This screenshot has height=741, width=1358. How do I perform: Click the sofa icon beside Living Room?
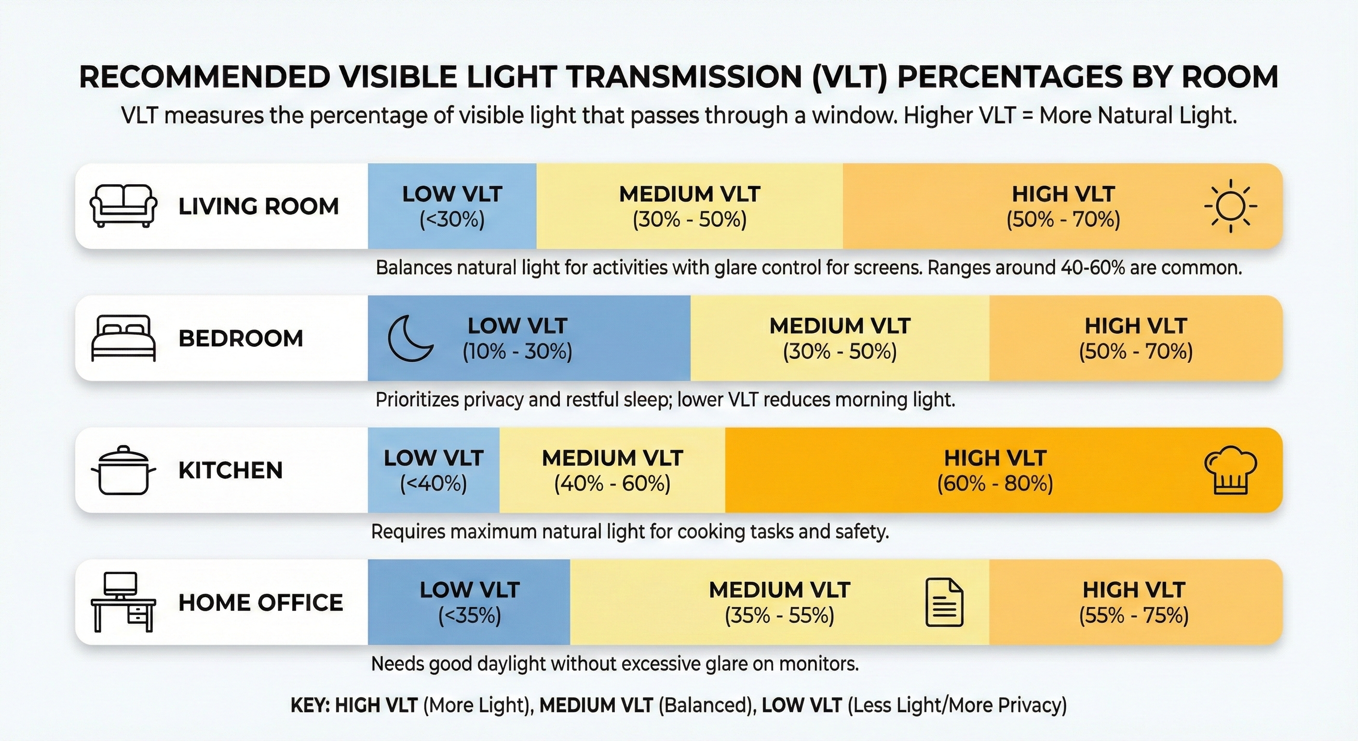(123, 206)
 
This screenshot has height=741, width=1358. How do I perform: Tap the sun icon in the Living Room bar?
(1230, 206)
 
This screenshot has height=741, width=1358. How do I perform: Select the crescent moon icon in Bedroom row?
(410, 338)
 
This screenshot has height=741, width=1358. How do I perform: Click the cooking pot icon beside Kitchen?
(123, 470)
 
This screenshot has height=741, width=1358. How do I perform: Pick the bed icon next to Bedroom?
(123, 338)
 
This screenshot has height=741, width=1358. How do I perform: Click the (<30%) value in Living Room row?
(452, 220)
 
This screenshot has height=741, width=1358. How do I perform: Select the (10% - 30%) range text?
(517, 352)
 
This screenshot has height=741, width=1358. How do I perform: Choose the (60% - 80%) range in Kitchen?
(995, 483)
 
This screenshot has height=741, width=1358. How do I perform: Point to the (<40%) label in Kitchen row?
(434, 483)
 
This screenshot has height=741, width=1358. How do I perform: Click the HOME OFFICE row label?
(260, 602)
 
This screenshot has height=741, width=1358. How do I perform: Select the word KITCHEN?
(231, 470)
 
